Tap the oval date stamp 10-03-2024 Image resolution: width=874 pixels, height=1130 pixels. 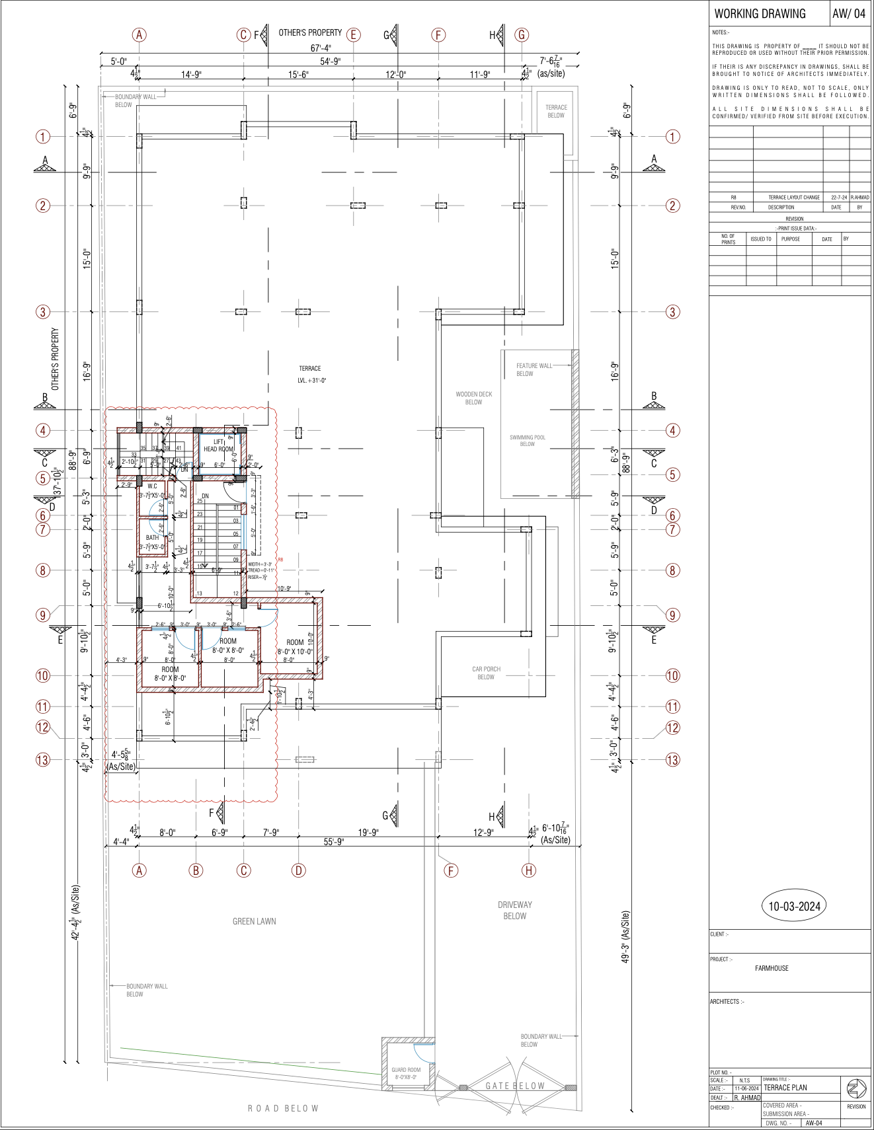pos(794,906)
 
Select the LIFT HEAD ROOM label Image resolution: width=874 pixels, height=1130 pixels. pos(218,445)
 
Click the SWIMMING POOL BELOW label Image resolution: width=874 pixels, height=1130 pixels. pos(527,441)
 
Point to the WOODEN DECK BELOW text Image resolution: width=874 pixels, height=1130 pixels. pos(473,398)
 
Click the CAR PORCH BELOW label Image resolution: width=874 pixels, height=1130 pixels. pos(486,673)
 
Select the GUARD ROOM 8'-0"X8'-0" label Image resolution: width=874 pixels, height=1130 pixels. pos(405,1073)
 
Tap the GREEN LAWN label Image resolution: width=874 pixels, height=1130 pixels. pos(254,921)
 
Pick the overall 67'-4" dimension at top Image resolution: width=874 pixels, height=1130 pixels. pos(321,48)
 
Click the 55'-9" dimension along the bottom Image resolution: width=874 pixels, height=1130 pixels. pos(333,842)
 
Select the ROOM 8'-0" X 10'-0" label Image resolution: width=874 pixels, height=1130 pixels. pos(295,646)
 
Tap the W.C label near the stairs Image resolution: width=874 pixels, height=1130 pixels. pos(152,486)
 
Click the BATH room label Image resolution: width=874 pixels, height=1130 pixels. pos(152,537)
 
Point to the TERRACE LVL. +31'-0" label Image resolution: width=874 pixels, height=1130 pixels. pos(310,374)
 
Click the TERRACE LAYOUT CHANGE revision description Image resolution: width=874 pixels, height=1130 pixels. pos(793,197)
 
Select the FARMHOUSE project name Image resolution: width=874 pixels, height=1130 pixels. pos(772,968)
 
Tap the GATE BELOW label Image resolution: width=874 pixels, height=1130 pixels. pos(514,1086)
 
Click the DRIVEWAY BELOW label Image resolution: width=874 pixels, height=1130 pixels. pos(514,910)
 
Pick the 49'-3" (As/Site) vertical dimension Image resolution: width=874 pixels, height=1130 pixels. pos(625,937)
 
